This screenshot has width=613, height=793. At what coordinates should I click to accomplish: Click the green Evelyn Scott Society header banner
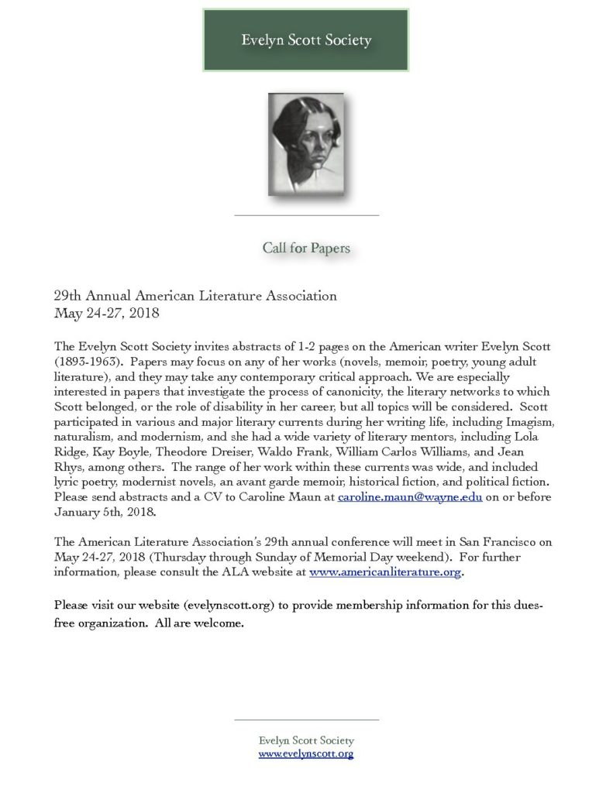[305, 40]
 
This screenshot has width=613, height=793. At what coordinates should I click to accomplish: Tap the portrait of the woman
[305, 144]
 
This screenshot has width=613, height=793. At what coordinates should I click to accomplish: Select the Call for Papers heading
[306, 249]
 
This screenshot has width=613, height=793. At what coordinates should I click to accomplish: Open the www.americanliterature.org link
[385, 573]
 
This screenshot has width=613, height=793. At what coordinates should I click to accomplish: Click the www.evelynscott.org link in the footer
[306, 754]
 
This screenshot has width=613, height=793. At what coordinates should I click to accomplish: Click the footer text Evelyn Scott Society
[306, 740]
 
